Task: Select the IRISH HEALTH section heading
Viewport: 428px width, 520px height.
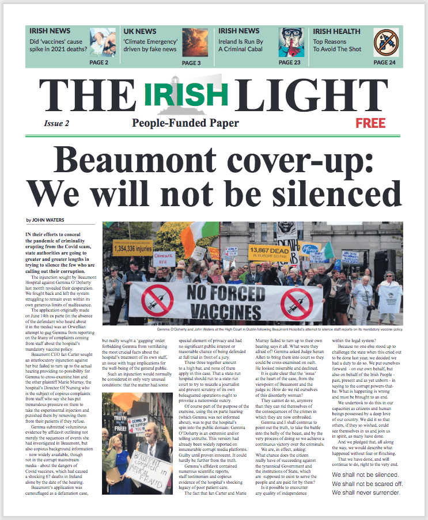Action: pos(336,31)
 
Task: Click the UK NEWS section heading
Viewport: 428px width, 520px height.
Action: pos(139,31)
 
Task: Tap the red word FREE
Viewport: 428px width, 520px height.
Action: pos(370,123)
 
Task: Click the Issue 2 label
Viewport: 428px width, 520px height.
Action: pos(56,123)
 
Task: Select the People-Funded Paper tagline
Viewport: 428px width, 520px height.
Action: pos(185,123)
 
